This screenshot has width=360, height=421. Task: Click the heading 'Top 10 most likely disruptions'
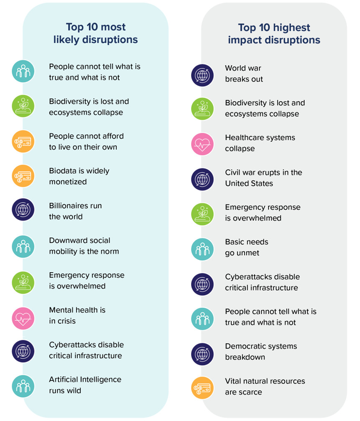(95, 33)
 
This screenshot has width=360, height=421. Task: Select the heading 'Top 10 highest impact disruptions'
(274, 33)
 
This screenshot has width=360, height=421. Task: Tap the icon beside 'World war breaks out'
(203, 75)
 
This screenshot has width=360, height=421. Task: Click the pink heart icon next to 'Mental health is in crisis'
(23, 318)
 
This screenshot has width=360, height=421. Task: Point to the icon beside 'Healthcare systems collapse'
(203, 144)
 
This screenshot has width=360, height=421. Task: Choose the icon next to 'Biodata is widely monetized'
(23, 176)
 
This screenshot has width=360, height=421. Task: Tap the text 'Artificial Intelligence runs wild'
(85, 385)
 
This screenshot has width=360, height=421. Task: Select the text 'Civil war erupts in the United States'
(263, 178)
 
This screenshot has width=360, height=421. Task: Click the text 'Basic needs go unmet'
(246, 247)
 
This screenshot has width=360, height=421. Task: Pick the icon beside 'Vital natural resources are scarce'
(203, 388)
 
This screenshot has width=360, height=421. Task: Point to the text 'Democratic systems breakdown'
(261, 352)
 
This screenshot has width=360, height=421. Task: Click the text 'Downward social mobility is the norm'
(84, 246)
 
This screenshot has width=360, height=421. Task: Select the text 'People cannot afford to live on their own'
(86, 142)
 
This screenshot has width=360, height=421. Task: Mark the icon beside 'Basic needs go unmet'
(203, 249)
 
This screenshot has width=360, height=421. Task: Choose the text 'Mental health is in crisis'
(77, 315)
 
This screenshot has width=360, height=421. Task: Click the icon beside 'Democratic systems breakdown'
(203, 353)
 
